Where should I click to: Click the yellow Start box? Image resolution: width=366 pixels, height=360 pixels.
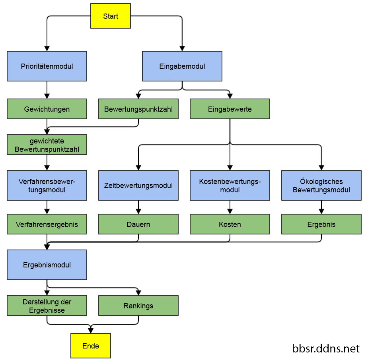coord(111,16)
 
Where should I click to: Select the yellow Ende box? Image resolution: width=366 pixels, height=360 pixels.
coord(90,346)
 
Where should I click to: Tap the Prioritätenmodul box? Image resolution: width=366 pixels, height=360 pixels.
coord(47,66)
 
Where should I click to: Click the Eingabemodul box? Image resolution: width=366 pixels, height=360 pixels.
coord(182,66)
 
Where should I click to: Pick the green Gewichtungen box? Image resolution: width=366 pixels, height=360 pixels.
coord(47,109)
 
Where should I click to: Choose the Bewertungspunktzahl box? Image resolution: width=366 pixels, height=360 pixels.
coord(138,109)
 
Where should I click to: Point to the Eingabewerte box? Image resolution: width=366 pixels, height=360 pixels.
coord(230,109)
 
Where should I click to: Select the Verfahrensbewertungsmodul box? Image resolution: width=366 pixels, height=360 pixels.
coord(47,186)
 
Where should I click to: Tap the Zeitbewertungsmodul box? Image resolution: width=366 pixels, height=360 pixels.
coord(138,186)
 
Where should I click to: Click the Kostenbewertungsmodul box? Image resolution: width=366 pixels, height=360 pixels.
coord(230,186)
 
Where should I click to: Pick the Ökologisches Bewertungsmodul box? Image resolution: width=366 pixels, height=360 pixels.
coord(321,186)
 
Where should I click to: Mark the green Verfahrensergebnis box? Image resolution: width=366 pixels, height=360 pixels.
coord(47,225)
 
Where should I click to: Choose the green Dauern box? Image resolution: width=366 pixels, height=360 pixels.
coord(138,225)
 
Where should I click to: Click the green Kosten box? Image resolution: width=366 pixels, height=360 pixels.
coord(230,225)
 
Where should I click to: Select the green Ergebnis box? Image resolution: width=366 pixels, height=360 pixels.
coord(321,225)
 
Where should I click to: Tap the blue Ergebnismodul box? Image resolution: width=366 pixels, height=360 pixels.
coord(47,265)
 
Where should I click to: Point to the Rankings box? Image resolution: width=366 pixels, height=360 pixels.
coord(138,306)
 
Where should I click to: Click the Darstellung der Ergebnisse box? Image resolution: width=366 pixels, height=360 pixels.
coord(47,306)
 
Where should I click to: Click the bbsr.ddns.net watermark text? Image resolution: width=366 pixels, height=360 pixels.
coord(325,349)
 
